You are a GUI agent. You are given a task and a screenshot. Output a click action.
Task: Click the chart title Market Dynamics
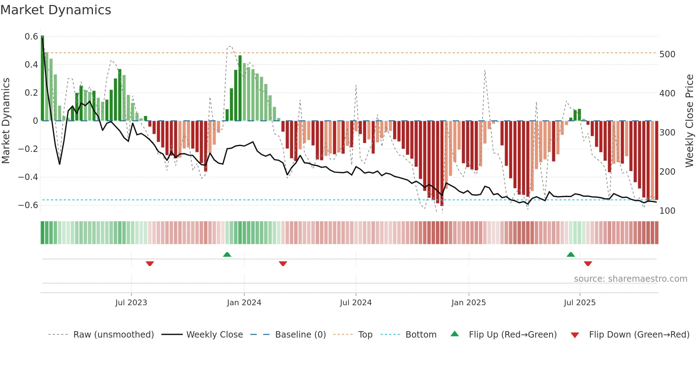56,10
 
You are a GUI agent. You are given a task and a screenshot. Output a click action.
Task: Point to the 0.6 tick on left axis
31,37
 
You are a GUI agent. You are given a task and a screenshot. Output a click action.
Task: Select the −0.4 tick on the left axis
28,177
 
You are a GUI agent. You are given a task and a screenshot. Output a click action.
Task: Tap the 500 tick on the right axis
667,54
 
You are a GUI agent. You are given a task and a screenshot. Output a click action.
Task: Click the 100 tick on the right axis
667,211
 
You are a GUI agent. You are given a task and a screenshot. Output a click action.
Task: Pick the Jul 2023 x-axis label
131,303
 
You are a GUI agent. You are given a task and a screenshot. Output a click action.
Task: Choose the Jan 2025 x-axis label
468,303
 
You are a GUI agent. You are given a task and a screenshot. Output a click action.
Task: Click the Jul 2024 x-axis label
355,303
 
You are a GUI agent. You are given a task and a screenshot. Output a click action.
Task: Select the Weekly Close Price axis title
689,121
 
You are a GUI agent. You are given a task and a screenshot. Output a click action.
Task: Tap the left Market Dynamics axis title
6,121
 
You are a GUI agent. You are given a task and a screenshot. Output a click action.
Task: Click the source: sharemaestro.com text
630,279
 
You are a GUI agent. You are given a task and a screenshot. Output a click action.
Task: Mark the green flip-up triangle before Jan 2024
227,254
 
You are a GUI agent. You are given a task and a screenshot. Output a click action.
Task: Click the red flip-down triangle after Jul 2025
588,264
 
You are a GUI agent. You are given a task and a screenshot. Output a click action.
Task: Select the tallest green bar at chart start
42,78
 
